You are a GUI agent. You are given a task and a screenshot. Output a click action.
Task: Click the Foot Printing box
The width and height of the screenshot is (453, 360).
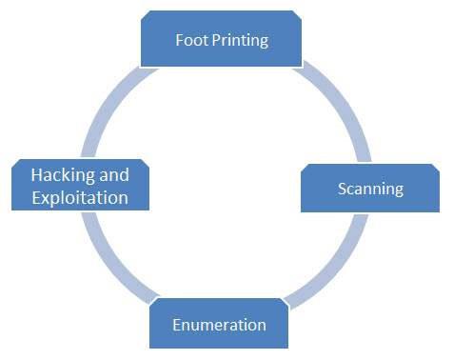pyautogui.click(x=222, y=41)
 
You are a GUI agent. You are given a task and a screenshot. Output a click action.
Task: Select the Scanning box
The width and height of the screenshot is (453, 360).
pyautogui.click(x=371, y=188)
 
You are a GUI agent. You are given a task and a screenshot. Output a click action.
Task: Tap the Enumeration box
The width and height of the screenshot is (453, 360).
pyautogui.click(x=219, y=325)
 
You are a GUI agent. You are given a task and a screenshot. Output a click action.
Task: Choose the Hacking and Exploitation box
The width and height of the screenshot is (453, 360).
pyautogui.click(x=80, y=187)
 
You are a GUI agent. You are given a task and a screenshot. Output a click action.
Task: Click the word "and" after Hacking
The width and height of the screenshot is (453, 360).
pyautogui.click(x=113, y=176)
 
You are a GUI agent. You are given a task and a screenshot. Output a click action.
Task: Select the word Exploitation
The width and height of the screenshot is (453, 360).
pyautogui.click(x=80, y=199)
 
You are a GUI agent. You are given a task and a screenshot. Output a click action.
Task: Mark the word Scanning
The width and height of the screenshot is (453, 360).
pyautogui.click(x=371, y=189)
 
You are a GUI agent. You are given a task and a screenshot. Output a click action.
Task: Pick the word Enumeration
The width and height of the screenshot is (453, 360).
pyautogui.click(x=219, y=326)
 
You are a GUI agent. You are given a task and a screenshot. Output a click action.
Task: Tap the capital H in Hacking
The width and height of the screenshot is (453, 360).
pyautogui.click(x=36, y=176)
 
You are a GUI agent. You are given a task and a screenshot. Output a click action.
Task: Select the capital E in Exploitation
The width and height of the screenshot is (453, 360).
pyautogui.click(x=36, y=199)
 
